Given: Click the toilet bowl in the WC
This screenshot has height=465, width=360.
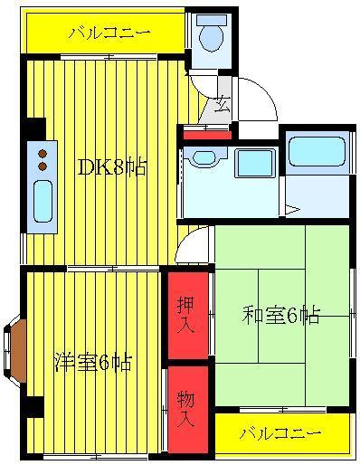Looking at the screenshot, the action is (211, 38).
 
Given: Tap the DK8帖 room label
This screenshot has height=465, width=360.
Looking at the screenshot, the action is (112, 166).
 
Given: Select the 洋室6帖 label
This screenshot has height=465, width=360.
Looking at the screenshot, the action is (93, 362).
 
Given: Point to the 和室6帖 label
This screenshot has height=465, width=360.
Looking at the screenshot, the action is (280, 316).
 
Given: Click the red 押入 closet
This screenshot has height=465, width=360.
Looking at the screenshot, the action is (188, 315).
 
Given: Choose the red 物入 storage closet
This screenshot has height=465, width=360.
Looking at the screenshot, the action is (188, 409).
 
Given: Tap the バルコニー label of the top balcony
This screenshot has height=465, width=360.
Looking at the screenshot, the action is (109, 33).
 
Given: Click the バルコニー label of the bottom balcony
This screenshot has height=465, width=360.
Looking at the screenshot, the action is (280, 433).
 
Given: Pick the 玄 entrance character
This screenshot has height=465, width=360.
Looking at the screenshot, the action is (223, 105).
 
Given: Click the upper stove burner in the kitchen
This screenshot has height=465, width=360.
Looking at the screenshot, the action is (43, 154).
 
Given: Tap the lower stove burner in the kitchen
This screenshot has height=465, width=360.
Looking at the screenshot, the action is (43, 166).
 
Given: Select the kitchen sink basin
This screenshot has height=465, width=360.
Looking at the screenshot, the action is (43, 201).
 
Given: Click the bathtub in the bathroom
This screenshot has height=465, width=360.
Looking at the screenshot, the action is (317, 152).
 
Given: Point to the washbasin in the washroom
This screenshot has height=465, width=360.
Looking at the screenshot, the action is (204, 157).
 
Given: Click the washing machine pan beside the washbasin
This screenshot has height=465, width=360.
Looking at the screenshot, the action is (255, 163).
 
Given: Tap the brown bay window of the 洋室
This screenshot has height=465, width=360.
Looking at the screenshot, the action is (17, 349).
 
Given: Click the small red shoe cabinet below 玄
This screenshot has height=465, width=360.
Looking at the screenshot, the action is (207, 135).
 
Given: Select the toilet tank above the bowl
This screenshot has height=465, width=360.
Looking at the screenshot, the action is (212, 20).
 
